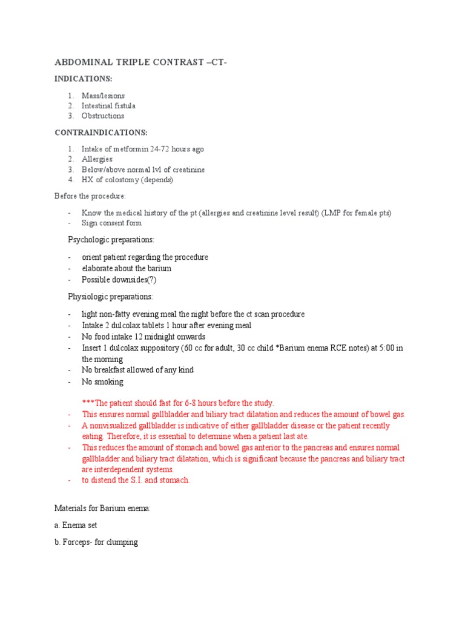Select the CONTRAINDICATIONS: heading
[x=101, y=132]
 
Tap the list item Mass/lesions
[x=104, y=96]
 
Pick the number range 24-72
[x=163, y=149]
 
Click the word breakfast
[x=113, y=370]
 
